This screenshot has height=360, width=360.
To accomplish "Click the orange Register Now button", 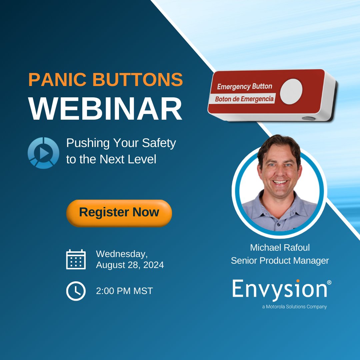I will click(119, 213).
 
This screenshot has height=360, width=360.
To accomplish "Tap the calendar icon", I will click(76, 259).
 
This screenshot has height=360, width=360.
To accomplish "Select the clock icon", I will click(76, 291).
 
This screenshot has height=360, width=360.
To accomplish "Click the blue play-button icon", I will click(43, 153).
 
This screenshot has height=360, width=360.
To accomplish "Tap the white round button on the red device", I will click(291, 91).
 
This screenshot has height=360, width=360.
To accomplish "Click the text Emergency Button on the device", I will click(244, 87).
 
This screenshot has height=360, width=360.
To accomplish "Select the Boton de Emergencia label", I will click(244, 99).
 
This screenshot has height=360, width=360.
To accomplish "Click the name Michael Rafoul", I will click(280, 248).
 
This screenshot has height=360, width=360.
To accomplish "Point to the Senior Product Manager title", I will click(280, 261).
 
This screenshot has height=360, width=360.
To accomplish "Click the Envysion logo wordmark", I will click(279, 289).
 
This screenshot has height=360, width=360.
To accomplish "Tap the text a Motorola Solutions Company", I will click(294, 307).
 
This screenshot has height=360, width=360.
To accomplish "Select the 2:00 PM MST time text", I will click(124, 291).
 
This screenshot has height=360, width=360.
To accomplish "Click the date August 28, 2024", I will click(130, 265).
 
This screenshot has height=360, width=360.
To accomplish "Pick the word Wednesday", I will click(121, 254).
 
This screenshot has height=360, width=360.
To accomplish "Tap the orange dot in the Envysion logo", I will click(298, 281).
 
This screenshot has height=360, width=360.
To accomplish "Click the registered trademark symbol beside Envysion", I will click(329, 282).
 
